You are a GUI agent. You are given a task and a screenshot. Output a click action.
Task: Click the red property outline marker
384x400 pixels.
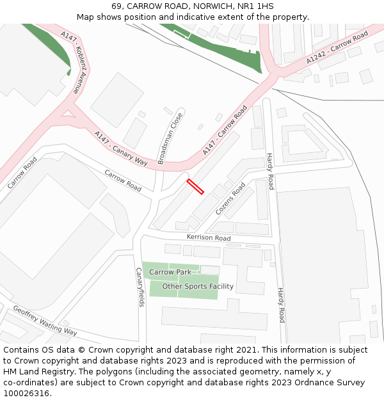[x=195, y=186]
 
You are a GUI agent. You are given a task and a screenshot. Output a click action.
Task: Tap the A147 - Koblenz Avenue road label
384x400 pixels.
[x=69, y=61]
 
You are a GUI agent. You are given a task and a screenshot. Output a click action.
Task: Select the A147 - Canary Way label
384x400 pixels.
[x=121, y=149]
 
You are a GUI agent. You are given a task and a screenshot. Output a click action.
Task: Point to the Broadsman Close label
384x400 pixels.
[x=170, y=139]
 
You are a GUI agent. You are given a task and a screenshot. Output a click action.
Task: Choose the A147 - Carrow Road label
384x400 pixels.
[x=225, y=130]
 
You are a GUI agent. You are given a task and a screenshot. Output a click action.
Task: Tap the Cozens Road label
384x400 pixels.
[x=230, y=199]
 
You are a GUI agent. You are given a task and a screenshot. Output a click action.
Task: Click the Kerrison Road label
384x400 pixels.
[x=209, y=238]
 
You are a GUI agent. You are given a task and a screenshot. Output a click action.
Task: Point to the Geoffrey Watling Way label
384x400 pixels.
[x=45, y=320]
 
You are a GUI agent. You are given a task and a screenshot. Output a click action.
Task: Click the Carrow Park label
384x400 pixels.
[x=170, y=272]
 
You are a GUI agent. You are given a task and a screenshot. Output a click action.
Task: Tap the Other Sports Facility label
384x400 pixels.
[x=198, y=286]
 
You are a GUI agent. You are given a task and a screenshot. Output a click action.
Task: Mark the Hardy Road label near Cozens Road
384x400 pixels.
[x=270, y=172]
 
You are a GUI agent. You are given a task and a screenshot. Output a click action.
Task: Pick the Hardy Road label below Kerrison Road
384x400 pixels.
[x=280, y=305]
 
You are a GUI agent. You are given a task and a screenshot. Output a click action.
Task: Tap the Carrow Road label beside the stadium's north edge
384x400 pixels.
[x=123, y=180]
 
